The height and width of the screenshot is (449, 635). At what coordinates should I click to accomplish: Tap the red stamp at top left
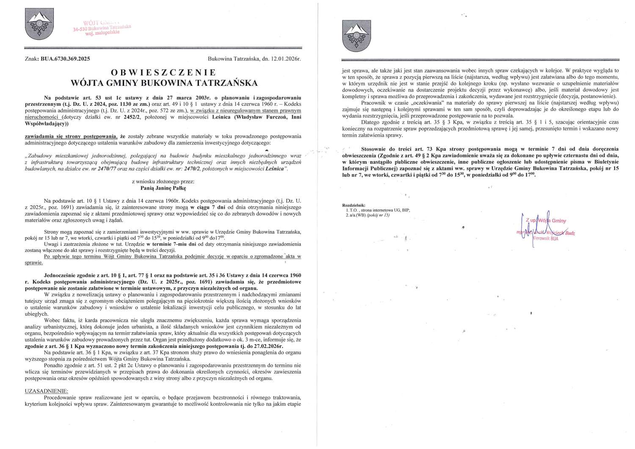coord(102,26)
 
